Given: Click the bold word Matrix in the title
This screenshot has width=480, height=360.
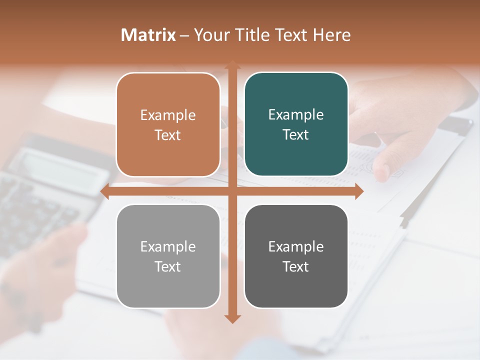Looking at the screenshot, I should (148, 35).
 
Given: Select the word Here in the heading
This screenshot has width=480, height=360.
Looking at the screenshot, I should (332, 35).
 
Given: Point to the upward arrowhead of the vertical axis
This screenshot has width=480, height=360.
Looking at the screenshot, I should (232, 65).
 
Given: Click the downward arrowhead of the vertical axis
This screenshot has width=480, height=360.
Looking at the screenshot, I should (232, 318).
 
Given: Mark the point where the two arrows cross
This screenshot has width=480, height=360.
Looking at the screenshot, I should (232, 191).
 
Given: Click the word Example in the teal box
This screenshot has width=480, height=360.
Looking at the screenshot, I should (296, 114).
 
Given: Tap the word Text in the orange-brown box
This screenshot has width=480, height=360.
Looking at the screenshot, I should (168, 135).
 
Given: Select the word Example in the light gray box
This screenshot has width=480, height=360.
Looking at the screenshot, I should (168, 246).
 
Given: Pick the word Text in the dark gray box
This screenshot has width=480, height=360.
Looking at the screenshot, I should (296, 266).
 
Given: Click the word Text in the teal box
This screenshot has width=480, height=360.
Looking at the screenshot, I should (296, 134).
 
